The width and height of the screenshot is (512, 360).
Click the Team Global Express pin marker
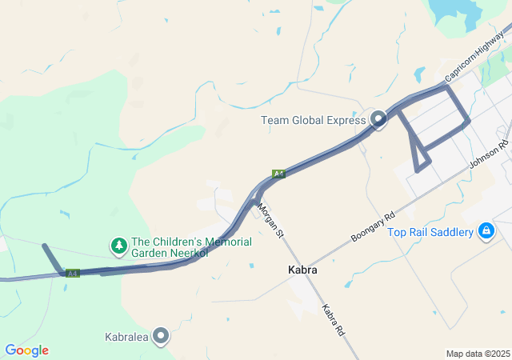click(378, 120)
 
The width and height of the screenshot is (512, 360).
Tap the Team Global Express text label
click(313, 121)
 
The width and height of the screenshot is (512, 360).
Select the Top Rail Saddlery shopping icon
click(486, 232)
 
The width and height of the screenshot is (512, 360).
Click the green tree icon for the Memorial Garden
click(118, 244)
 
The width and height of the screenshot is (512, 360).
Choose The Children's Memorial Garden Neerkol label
click(191, 247)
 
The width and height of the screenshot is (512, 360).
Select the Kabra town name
click(302, 270)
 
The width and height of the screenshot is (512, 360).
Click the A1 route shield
click(278, 174)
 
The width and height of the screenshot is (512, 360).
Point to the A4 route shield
click(73, 274)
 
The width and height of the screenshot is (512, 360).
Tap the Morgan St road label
click(270, 220)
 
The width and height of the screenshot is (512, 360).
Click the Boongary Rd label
click(374, 228)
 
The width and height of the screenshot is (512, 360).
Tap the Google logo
click(26, 350)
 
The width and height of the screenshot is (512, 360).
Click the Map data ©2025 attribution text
click(478, 354)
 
